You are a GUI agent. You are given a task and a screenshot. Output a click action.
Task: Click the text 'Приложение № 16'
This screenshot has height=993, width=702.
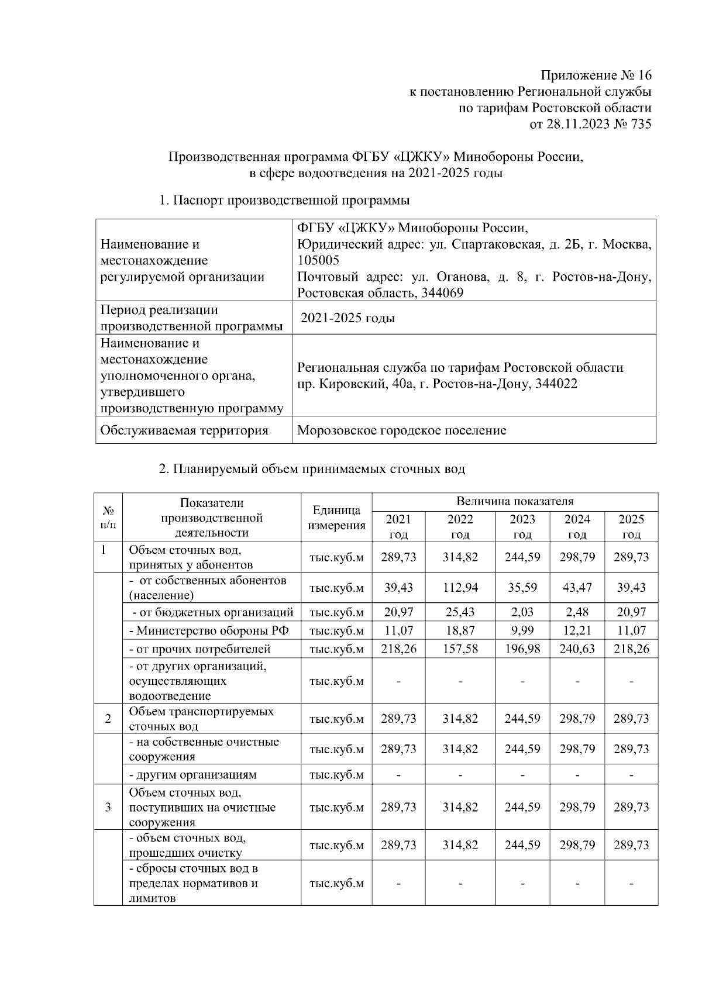pyautogui.click(x=596, y=75)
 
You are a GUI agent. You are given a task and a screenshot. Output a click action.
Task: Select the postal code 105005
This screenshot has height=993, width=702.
pyautogui.click(x=318, y=260)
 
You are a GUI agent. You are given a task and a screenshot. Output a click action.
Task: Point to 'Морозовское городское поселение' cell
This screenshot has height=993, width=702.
pyautogui.click(x=402, y=431)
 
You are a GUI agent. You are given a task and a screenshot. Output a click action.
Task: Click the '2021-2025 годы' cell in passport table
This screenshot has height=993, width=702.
pyautogui.click(x=347, y=318)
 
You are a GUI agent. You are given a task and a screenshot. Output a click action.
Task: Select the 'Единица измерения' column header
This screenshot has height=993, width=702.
pyautogui.click(x=336, y=518)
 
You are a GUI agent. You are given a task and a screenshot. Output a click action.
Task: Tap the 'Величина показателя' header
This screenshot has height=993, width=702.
pyautogui.click(x=515, y=501)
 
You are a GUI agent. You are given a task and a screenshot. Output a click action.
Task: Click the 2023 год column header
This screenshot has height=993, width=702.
pyautogui.click(x=522, y=526)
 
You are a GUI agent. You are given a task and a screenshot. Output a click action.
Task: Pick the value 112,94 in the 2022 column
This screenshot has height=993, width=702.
pyautogui.click(x=460, y=588)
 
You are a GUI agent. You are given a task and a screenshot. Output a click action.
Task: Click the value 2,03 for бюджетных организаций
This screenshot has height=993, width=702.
pyautogui.click(x=522, y=612)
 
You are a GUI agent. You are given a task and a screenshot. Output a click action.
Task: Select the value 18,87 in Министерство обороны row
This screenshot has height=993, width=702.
pyautogui.click(x=460, y=630)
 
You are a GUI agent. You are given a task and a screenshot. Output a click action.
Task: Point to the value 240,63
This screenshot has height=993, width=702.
pyautogui.click(x=577, y=649)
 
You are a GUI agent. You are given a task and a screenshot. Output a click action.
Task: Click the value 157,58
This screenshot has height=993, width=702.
pyautogui.click(x=460, y=649)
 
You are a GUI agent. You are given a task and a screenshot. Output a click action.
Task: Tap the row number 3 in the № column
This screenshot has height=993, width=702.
pyautogui.click(x=108, y=808)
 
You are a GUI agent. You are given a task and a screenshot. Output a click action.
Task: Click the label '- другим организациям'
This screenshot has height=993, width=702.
pyautogui.click(x=192, y=775)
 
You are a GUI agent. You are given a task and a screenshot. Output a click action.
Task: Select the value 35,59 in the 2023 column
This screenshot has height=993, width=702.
pyautogui.click(x=522, y=588)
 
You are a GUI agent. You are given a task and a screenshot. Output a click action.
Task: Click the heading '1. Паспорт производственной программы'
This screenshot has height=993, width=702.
pyautogui.click(x=284, y=201)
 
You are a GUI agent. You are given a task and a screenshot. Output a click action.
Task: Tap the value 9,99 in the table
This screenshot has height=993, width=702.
pyautogui.click(x=522, y=630)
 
